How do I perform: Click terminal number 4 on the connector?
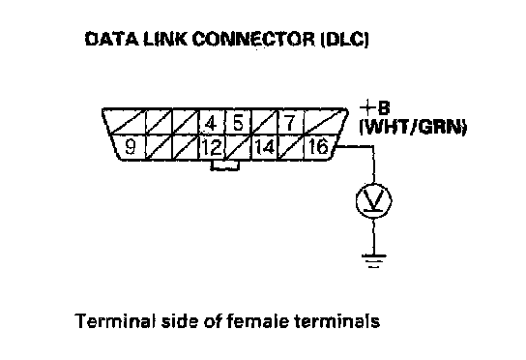[211, 123]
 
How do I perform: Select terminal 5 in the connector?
[238, 123]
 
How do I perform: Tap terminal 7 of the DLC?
[290, 123]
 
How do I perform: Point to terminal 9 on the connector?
[131, 147]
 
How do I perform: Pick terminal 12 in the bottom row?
[212, 147]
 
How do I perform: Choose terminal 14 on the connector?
[265, 147]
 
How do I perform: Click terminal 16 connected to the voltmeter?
[318, 147]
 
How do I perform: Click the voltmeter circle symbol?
[373, 200]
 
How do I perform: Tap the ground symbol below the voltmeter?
[373, 261]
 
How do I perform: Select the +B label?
[375, 108]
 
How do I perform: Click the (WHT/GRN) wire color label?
[413, 128]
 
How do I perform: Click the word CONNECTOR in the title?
[253, 40]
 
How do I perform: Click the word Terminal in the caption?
[115, 320]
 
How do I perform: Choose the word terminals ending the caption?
[336, 321]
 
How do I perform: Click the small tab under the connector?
[224, 165]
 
